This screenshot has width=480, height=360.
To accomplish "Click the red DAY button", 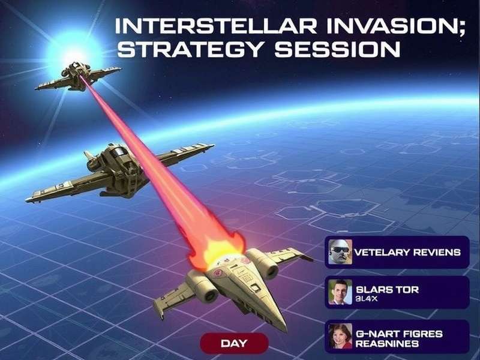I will (x=234, y=344).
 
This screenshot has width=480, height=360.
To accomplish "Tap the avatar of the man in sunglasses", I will (x=340, y=252).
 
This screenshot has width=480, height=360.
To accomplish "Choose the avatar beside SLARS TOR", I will (x=340, y=292).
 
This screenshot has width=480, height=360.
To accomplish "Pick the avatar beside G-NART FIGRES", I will (x=340, y=336).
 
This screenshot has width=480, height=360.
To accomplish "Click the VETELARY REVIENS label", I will (x=407, y=252).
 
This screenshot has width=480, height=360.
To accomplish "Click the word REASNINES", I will (x=387, y=344).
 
